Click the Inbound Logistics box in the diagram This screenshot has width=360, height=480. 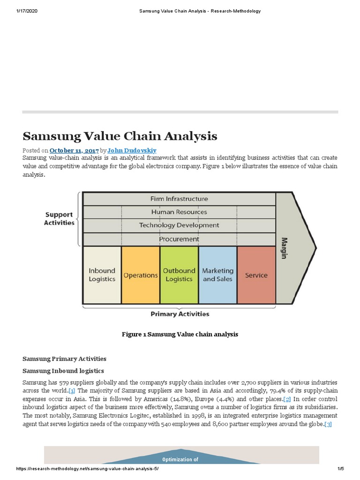pyautogui.click(x=102, y=275)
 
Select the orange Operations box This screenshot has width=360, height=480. pyautogui.click(x=140, y=275)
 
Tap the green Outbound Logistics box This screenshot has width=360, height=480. pyautogui.click(x=179, y=275)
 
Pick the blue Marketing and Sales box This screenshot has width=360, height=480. pyautogui.click(x=217, y=275)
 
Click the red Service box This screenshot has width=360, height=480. pyautogui.click(x=256, y=275)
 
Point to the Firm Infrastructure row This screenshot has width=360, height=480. pyautogui.click(x=179, y=199)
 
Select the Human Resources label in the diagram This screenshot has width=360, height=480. pyautogui.click(x=179, y=212)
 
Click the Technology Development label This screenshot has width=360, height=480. pyautogui.click(x=179, y=225)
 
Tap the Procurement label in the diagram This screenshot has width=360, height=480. pyautogui.click(x=179, y=239)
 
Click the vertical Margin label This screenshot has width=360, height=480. pyautogui.click(x=284, y=247)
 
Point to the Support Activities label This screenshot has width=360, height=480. pyautogui.click(x=59, y=218)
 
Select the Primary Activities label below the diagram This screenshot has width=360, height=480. pyautogui.click(x=180, y=314)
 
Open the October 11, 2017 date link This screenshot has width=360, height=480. pyautogui.click(x=78, y=150)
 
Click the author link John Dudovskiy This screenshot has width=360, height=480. pyautogui.click(x=132, y=150)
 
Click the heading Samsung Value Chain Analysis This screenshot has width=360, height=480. pyautogui.click(x=120, y=136)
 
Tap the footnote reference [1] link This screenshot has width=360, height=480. pyautogui.click(x=72, y=390)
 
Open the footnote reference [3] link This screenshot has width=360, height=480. pyautogui.click(x=328, y=424)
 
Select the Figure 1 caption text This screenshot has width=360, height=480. pyautogui.click(x=180, y=334)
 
